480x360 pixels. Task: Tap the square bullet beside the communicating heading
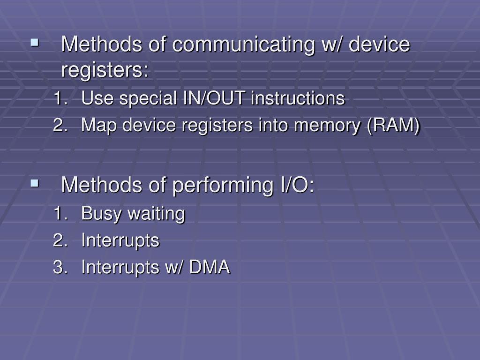tap(34, 43)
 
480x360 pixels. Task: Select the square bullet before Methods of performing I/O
tap(34, 183)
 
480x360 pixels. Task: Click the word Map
tap(97, 126)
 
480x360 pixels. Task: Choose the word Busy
tap(98, 214)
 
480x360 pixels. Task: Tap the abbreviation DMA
tap(209, 268)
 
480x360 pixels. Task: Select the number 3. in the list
tap(60, 268)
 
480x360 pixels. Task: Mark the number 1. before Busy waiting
tap(60, 214)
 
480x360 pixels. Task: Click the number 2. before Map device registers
tap(60, 126)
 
